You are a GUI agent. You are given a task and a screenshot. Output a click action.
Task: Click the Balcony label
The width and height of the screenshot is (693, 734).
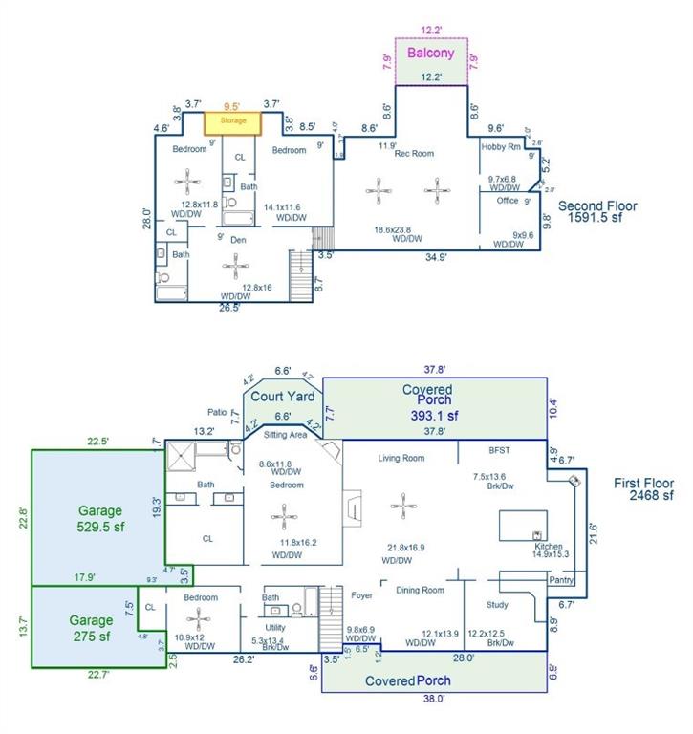(x=431, y=54)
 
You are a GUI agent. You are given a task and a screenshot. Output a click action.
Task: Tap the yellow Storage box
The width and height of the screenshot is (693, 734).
(x=234, y=121)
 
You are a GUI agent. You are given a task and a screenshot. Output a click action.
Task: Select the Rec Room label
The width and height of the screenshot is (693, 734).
(x=415, y=153)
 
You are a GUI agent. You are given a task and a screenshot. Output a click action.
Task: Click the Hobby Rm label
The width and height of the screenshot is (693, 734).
(x=501, y=146)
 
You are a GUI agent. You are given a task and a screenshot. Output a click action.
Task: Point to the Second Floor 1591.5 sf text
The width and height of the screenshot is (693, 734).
(x=597, y=212)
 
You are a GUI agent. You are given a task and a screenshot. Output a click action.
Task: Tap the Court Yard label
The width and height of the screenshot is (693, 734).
(x=282, y=396)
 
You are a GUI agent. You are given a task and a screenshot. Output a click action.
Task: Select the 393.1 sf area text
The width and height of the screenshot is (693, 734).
(x=427, y=416)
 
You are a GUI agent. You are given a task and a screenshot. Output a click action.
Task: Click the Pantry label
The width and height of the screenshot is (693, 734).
(x=560, y=580)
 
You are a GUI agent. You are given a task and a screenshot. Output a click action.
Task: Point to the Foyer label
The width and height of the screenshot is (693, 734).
(x=361, y=594)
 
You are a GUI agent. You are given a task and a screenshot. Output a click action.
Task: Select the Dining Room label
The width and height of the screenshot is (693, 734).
(x=421, y=590)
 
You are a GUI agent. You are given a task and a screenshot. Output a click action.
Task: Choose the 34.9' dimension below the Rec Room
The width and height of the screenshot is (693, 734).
(x=436, y=257)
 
